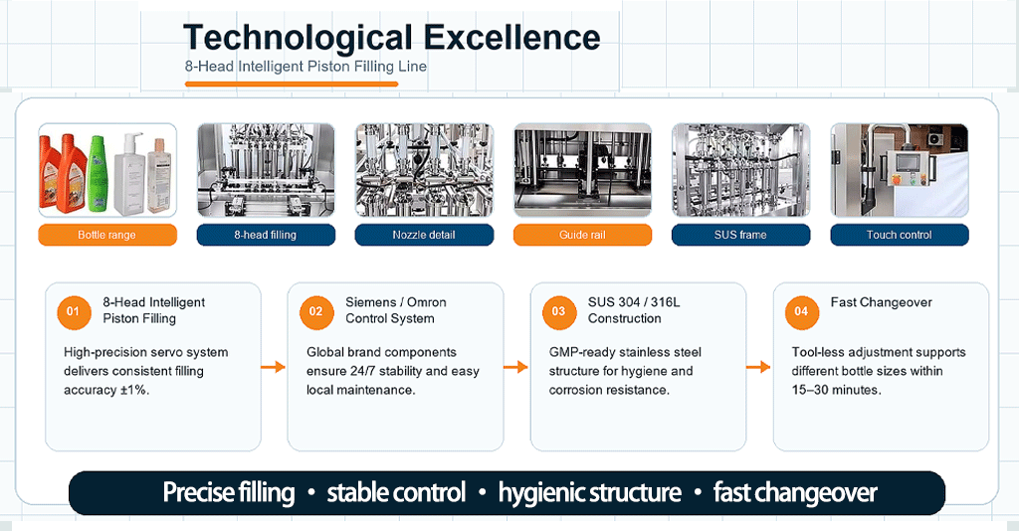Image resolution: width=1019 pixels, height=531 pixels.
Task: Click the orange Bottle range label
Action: [x=107, y=235]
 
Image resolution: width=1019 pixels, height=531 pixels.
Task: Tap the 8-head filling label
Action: [x=266, y=235]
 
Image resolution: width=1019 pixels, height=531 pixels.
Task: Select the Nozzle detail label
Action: [x=424, y=235]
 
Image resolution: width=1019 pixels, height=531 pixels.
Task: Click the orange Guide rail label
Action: [x=582, y=235]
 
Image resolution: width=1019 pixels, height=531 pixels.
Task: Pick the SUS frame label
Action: [x=740, y=235]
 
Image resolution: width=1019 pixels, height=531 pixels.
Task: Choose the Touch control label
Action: [x=900, y=235]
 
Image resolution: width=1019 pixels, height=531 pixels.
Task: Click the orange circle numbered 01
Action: [x=74, y=311]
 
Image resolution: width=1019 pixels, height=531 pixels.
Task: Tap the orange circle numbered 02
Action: [x=315, y=311]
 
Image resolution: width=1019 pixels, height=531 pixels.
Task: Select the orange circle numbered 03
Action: [x=559, y=311]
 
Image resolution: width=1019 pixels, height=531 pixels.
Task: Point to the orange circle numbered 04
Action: [x=801, y=311]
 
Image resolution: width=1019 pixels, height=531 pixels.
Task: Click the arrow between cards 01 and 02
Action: [x=273, y=367]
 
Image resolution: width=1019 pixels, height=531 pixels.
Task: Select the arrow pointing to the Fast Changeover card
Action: [x=757, y=367]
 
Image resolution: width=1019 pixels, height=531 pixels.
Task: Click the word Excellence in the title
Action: [x=512, y=38]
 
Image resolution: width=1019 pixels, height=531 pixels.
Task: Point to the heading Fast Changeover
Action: [x=882, y=302]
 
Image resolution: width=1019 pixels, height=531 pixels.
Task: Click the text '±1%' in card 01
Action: [x=134, y=390]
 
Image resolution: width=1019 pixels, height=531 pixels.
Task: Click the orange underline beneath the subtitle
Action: [x=292, y=84]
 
